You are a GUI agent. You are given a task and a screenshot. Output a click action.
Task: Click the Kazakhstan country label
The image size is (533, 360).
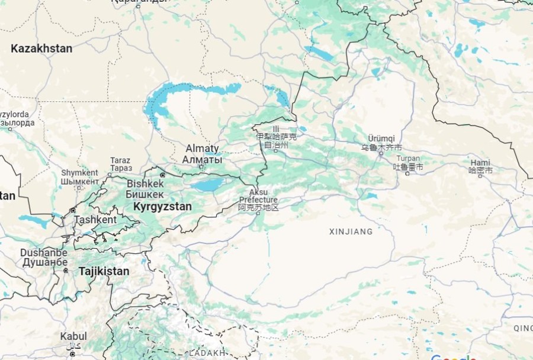point(41,49)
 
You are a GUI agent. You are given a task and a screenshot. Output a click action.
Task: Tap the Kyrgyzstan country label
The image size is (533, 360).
point(162,207)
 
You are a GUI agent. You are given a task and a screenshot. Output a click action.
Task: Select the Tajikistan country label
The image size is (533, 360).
point(104,271)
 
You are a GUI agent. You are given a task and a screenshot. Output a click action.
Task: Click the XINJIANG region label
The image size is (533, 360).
point(351,232)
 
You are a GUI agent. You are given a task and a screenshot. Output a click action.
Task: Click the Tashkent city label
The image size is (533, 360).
point(95,220)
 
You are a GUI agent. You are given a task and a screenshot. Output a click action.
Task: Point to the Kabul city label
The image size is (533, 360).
point(73,336)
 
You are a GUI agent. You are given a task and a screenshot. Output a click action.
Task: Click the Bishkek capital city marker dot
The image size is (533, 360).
point(162,175)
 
